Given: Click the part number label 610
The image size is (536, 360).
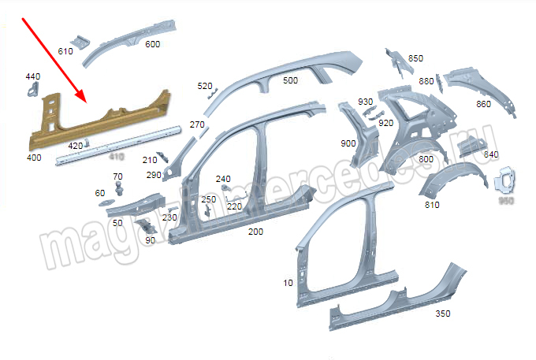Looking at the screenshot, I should (65, 51).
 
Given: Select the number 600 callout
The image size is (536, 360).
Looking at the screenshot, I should (152, 44).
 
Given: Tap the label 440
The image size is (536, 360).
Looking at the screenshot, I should (32, 76).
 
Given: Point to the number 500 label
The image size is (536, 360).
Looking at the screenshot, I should (290, 80).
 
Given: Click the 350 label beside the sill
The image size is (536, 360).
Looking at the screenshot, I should (443, 314).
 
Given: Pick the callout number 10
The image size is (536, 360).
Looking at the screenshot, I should (288, 283).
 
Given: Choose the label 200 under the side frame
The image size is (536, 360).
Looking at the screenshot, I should (255, 232).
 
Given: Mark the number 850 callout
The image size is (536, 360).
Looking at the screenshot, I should (415, 58).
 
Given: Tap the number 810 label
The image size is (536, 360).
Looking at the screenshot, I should (432, 205).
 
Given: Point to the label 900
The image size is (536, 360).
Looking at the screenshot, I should (348, 143).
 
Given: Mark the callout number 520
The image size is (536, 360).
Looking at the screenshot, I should (205, 86).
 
